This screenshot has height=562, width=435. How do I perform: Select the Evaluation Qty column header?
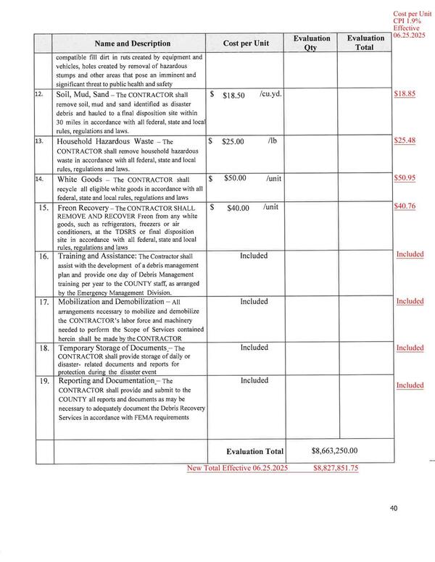tap(312, 43)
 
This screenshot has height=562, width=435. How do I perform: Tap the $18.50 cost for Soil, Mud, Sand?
tap(234, 95)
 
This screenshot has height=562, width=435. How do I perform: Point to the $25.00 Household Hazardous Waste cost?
tap(233, 142)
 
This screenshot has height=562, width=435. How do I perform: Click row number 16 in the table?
tap(43, 256)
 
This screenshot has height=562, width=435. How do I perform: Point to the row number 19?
tap(43, 380)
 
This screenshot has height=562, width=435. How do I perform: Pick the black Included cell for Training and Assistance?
tap(254, 256)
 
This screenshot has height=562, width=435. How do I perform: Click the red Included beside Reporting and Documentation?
tap(410, 385)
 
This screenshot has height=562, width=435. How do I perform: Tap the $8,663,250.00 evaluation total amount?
tap(334, 450)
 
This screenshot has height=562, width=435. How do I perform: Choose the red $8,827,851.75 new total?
tap(336, 469)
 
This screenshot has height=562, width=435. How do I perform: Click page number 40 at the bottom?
tap(393, 508)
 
